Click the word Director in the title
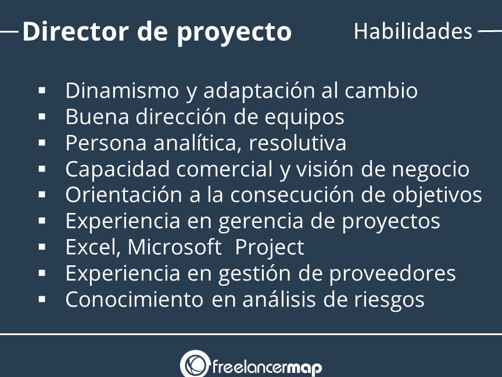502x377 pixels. [76, 31]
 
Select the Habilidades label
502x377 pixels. [413, 31]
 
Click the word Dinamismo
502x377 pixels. [122, 90]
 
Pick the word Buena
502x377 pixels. [97, 117]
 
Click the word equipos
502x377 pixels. [304, 118]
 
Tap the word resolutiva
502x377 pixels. [297, 143]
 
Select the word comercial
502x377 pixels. [224, 169]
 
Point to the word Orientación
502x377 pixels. [124, 194]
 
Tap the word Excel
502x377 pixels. [93, 247]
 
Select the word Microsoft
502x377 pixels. [174, 247]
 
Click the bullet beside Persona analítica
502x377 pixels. [42, 143]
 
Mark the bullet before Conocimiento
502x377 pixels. [42, 300]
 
